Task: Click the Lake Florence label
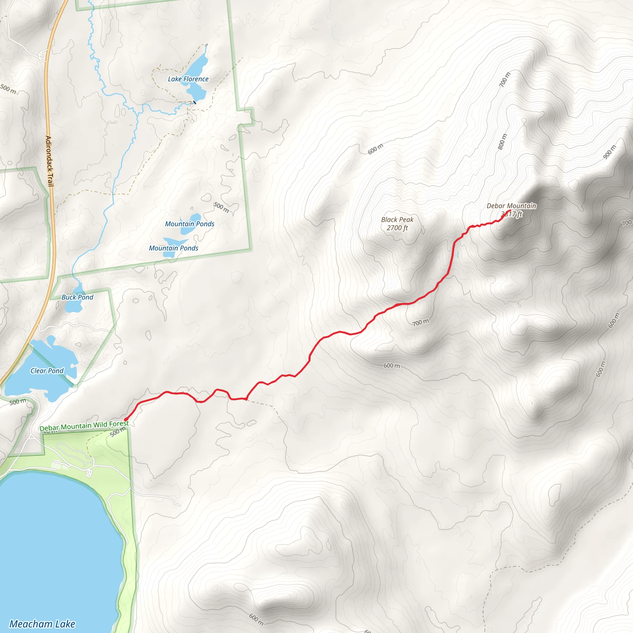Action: pyautogui.click(x=188, y=79)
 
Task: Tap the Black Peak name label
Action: pyautogui.click(x=397, y=219)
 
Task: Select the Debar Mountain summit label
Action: pyautogui.click(x=511, y=206)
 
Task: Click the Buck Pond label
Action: pyautogui.click(x=77, y=297)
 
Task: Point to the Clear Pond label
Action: pyautogui.click(x=47, y=371)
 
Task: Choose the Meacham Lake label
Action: pyautogui.click(x=42, y=624)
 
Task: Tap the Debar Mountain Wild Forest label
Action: pyautogui.click(x=84, y=426)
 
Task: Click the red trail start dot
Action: pyautogui.click(x=126, y=419)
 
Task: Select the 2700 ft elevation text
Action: pyautogui.click(x=397, y=228)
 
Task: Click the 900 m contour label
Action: pyautogui.click(x=610, y=152)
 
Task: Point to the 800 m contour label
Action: pyautogui.click(x=502, y=142)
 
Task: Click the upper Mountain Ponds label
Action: pyautogui.click(x=189, y=224)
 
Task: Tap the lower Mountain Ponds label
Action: pyautogui.click(x=173, y=248)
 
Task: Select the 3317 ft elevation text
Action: pyautogui.click(x=512, y=214)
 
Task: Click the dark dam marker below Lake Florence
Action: pyautogui.click(x=195, y=102)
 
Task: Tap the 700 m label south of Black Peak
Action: pyautogui.click(x=420, y=322)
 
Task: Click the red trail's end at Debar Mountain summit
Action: pyautogui.click(x=510, y=211)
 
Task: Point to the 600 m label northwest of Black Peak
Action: pyautogui.click(x=375, y=149)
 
